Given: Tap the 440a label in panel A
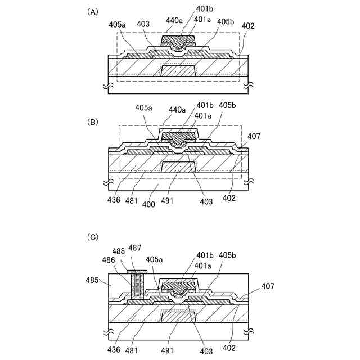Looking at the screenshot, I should pos(174,20).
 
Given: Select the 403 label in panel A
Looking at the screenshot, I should pos(143,24).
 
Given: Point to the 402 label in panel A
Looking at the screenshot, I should pos(247,26).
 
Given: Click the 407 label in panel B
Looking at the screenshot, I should pos(254,136).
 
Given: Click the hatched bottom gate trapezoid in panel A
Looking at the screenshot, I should pos(178,71).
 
